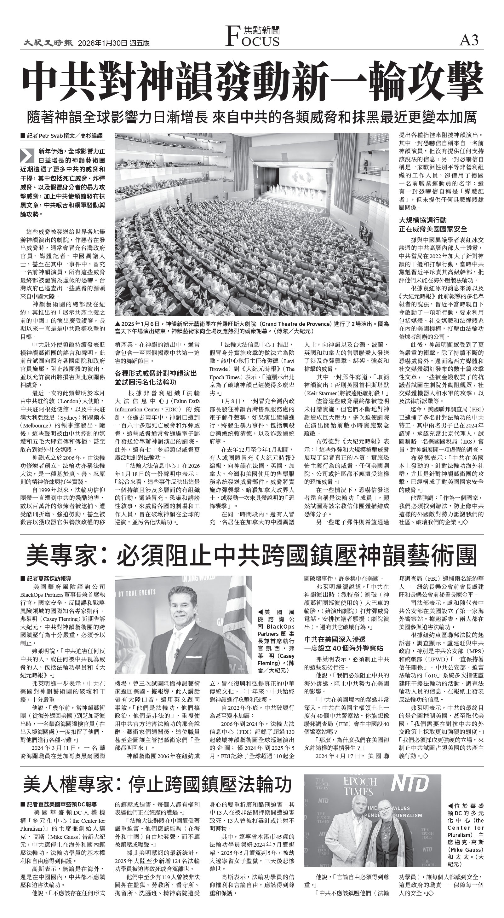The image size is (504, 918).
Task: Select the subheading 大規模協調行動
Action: (x=422, y=220)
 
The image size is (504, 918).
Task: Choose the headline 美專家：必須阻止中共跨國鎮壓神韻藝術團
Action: (x=251, y=555)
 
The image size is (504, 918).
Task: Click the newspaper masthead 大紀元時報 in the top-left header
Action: (x=49, y=43)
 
